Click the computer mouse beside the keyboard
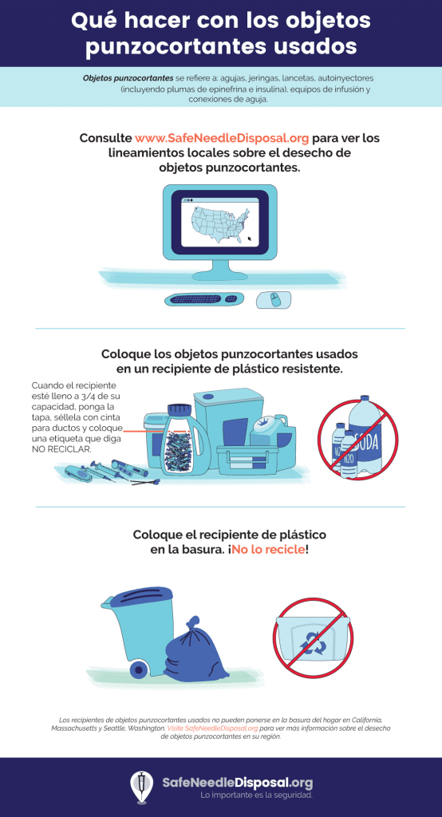[x=274, y=300]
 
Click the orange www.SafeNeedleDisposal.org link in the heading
[x=222, y=138]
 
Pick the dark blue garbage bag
[x=196, y=650]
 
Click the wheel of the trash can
[x=138, y=669]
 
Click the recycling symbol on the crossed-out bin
[x=313, y=644]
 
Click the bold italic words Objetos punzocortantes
[x=128, y=77]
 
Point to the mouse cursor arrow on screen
[x=250, y=239]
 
